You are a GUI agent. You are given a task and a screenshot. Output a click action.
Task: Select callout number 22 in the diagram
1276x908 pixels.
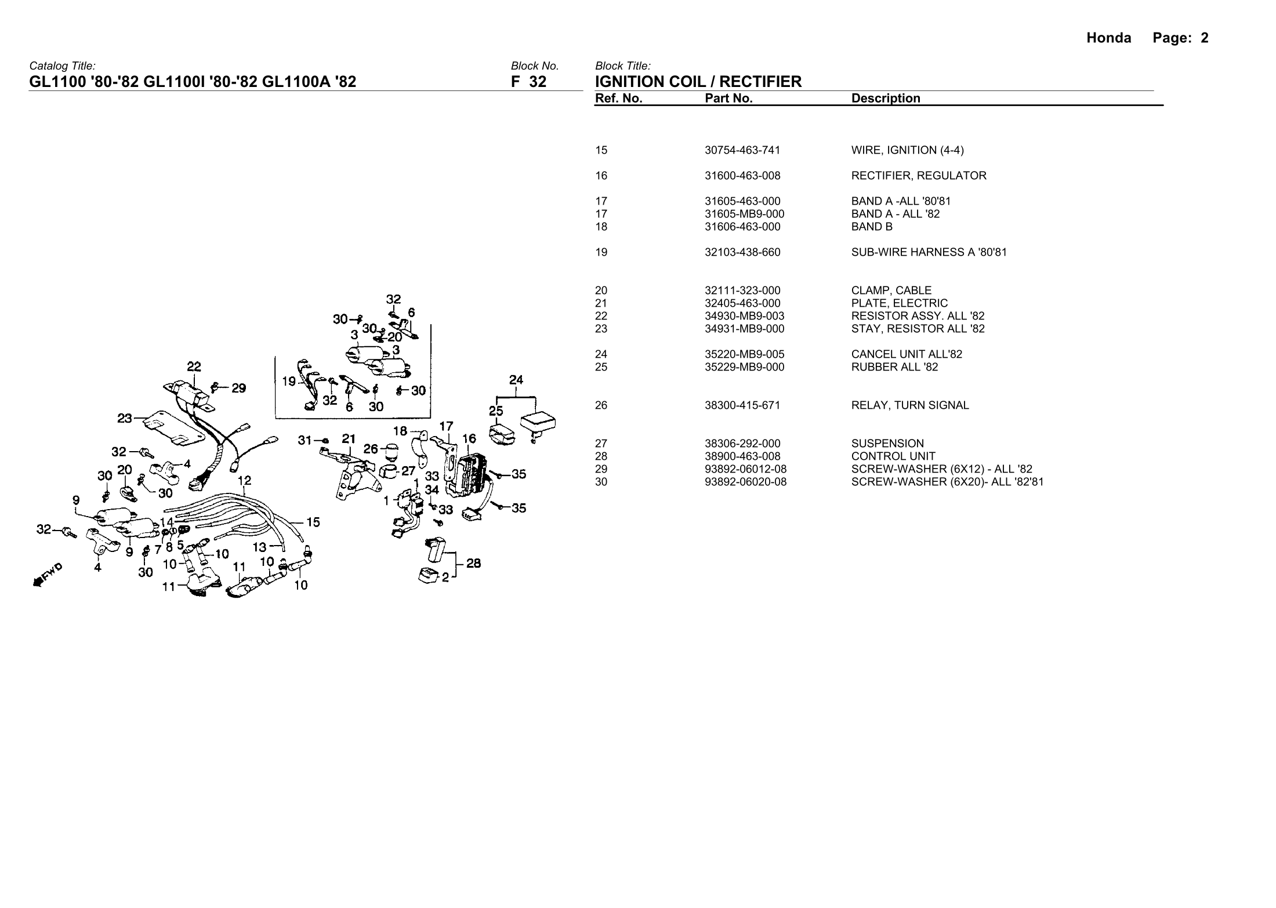pyautogui.click(x=194, y=367)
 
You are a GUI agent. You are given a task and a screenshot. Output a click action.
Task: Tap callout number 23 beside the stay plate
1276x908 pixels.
pyautogui.click(x=125, y=417)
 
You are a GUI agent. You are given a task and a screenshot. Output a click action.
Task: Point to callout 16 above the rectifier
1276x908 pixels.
pyautogui.click(x=469, y=439)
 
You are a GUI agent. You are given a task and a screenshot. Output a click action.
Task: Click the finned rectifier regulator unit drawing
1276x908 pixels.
pyautogui.click(x=471, y=473)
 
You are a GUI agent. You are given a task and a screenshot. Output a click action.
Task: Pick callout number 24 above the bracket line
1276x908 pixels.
pyautogui.click(x=516, y=380)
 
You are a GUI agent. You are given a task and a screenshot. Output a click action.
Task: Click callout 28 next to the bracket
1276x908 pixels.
pyautogui.click(x=473, y=563)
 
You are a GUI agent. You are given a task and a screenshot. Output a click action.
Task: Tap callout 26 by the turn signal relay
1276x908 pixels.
pyautogui.click(x=371, y=449)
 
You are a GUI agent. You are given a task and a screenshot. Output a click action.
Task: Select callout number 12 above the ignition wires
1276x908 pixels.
pyautogui.click(x=244, y=481)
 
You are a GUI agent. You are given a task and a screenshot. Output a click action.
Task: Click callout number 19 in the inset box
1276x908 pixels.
pyautogui.click(x=289, y=382)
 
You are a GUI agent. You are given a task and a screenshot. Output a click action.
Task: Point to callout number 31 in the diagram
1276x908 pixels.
pyautogui.click(x=304, y=441)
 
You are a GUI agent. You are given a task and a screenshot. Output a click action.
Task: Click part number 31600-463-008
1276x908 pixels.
pyautogui.click(x=742, y=176)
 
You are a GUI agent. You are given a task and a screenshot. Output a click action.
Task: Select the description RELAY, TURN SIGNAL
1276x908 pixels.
pyautogui.click(x=909, y=405)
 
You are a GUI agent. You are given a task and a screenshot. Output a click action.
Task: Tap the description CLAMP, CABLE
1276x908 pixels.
pyautogui.click(x=891, y=290)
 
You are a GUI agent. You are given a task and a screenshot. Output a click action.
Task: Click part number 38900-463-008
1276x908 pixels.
pyautogui.click(x=742, y=456)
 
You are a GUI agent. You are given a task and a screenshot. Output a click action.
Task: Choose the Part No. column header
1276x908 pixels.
pyautogui.click(x=728, y=99)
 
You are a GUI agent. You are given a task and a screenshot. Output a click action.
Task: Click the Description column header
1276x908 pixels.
pyautogui.click(x=886, y=99)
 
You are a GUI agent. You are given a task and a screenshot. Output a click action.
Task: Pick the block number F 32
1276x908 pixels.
pyautogui.click(x=528, y=82)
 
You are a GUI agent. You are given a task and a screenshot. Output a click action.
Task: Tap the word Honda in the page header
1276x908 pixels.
pyautogui.click(x=1108, y=38)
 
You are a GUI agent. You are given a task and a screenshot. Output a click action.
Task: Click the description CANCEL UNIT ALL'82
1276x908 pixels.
pyautogui.click(x=907, y=354)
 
